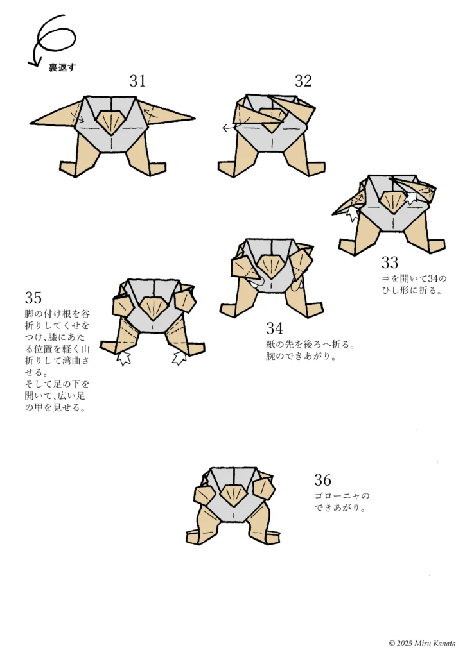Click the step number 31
(x=137, y=81)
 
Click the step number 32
(x=303, y=81)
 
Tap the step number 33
(x=390, y=262)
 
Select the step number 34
(x=275, y=328)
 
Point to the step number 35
(x=33, y=298)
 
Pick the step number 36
(x=323, y=480)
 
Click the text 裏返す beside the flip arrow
(x=62, y=67)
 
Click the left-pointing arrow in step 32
(x=227, y=128)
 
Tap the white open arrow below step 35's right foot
(x=179, y=357)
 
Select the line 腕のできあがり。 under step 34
(x=301, y=357)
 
